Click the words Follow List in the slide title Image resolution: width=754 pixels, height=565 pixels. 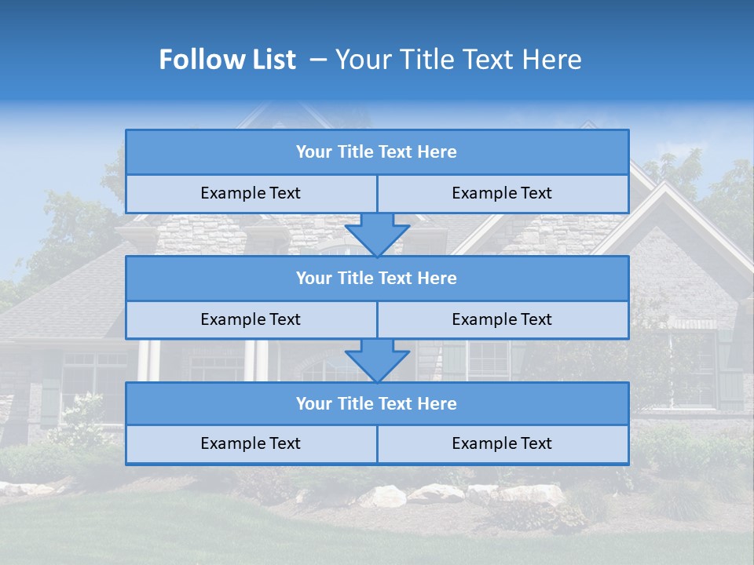(x=227, y=60)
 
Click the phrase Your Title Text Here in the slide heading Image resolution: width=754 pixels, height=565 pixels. (x=458, y=60)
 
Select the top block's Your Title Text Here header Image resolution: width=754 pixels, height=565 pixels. (x=376, y=152)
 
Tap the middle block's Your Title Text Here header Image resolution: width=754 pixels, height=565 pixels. (x=376, y=278)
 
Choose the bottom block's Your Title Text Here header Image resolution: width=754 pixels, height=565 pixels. (x=376, y=403)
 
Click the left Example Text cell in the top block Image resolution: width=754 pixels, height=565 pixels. (x=251, y=193)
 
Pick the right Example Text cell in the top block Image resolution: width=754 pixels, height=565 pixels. (x=502, y=193)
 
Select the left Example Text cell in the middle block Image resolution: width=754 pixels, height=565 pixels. (x=251, y=319)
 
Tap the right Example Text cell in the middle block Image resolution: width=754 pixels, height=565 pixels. (x=502, y=319)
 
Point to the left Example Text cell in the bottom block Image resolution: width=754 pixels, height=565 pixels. (x=251, y=443)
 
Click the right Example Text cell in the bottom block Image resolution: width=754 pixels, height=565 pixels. (x=502, y=443)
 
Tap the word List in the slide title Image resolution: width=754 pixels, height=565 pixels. (x=272, y=60)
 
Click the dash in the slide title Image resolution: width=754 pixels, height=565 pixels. (x=318, y=60)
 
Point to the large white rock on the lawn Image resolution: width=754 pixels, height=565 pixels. (x=382, y=496)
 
